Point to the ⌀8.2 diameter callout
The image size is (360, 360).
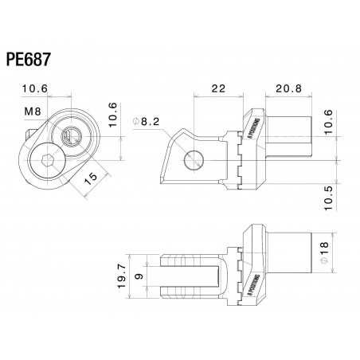[x=147, y=120]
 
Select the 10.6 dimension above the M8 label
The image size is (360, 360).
[x=34, y=89]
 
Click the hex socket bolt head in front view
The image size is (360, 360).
[x=44, y=162]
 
